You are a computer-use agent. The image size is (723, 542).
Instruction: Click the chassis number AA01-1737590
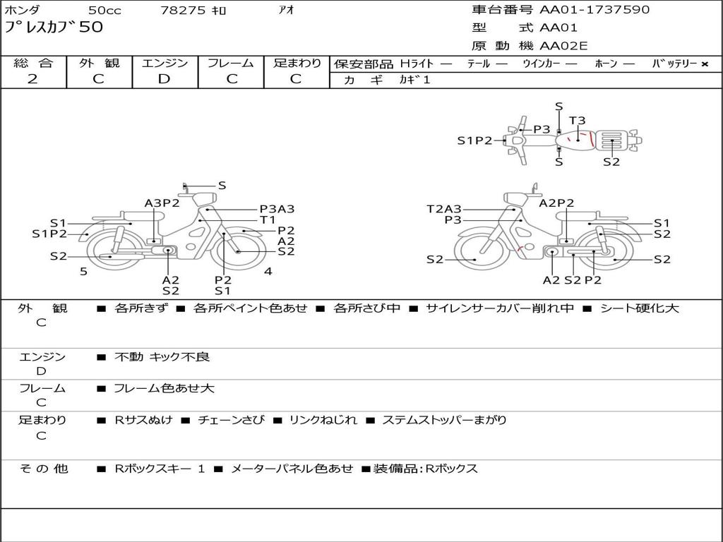pos(594,9)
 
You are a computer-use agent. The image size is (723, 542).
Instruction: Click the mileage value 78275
pos(183,10)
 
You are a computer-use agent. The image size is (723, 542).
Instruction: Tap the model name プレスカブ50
pos(54,27)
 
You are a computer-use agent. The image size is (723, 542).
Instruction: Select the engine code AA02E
pos(563,46)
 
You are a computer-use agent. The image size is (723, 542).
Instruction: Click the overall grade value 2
pos(32,79)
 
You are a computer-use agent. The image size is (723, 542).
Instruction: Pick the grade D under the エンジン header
pos(164,79)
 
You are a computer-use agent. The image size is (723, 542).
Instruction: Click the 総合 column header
pos(33,63)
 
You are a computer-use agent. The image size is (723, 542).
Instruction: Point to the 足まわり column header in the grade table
pos(297,63)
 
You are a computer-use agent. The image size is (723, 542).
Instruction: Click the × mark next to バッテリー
pos(705,64)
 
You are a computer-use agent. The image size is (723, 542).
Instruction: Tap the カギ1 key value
pos(414,80)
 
